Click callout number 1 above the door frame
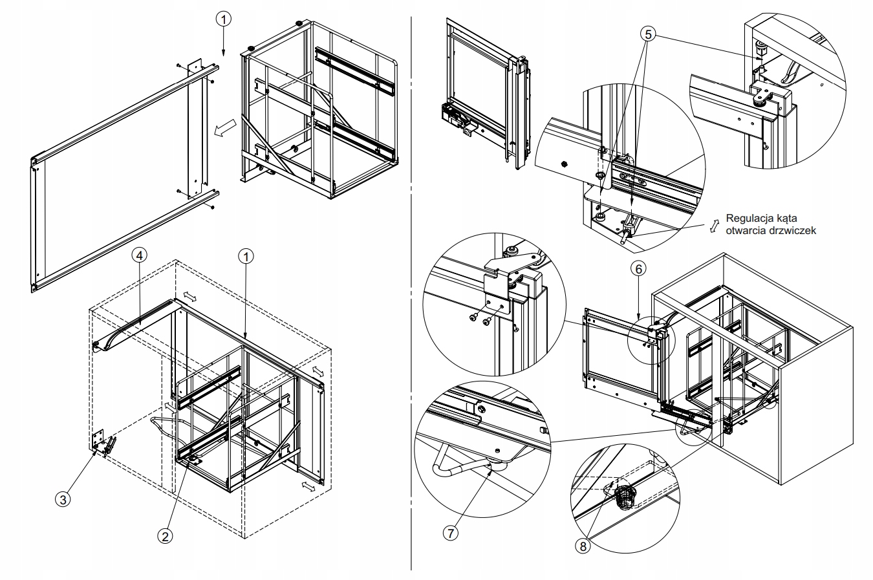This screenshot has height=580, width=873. coord(223,19)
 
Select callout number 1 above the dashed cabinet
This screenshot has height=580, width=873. coord(246,257)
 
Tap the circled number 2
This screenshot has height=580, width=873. coord(165,537)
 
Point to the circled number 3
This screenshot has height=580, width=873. coord(63,500)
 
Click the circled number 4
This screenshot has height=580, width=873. coord(140,255)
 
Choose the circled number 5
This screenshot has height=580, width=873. coord(648,34)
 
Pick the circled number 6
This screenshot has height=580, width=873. coord(639,269)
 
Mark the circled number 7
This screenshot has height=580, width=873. coord(451,533)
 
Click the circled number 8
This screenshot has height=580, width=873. coord(583,546)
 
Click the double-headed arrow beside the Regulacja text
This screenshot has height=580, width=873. coord(714,226)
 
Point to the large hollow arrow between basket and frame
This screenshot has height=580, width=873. coord(225,128)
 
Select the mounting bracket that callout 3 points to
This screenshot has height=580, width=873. coord(103,442)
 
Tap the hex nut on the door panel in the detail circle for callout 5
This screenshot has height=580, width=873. coord(563,164)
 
